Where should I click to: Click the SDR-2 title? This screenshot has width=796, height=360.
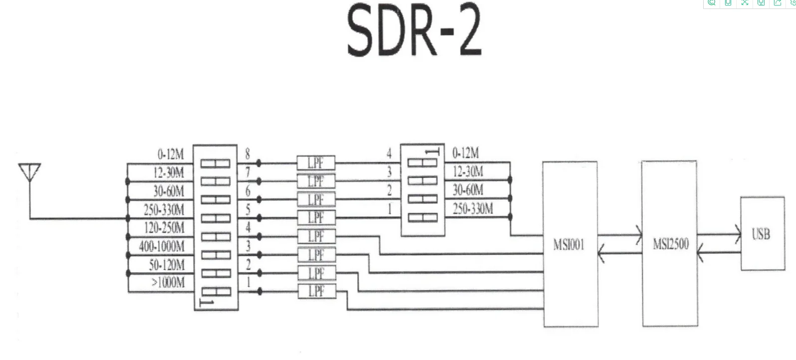pyautogui.click(x=414, y=31)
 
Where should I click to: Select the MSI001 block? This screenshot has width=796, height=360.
pyautogui.click(x=570, y=244)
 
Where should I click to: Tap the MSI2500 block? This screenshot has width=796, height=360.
pyautogui.click(x=670, y=244)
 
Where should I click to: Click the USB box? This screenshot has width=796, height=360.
pyautogui.click(x=762, y=234)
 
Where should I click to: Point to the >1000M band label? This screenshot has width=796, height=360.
pyautogui.click(x=168, y=283)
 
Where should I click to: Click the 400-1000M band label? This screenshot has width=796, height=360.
pyautogui.click(x=162, y=247)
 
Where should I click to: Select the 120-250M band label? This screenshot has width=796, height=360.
pyautogui.click(x=164, y=228)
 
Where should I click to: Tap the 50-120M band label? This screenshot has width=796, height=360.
pyautogui.click(x=167, y=265)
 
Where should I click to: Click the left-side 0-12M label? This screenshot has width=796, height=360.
pyautogui.click(x=171, y=154)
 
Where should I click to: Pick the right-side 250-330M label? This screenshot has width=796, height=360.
pyautogui.click(x=472, y=209)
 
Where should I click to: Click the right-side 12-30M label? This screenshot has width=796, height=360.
pyautogui.click(x=468, y=172)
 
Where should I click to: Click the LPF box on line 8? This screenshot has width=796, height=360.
pyautogui.click(x=316, y=163)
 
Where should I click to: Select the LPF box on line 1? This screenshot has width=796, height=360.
pyautogui.click(x=316, y=291)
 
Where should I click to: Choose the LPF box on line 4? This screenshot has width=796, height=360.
pyautogui.click(x=316, y=236)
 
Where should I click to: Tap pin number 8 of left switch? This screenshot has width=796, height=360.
pyautogui.click(x=248, y=154)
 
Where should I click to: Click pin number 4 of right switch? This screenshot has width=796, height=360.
pyautogui.click(x=389, y=153)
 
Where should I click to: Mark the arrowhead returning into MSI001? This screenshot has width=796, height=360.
pyautogui.click(x=602, y=253)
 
